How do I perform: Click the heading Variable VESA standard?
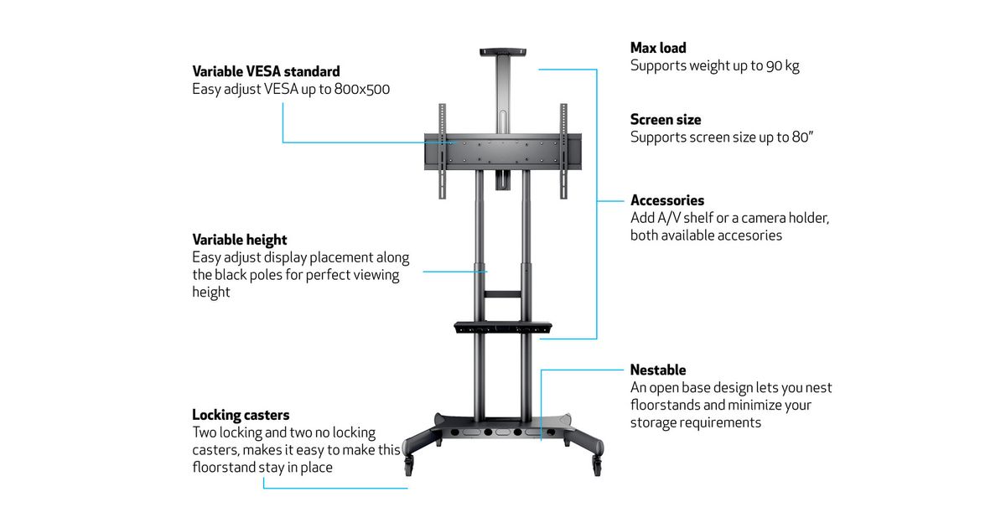click(x=266, y=71)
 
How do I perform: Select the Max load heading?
click(x=658, y=48)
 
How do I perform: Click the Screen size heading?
click(x=666, y=119)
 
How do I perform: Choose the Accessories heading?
click(x=667, y=200)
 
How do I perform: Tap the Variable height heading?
click(x=240, y=240)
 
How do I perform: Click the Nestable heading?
click(x=658, y=370)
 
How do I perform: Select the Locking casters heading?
click(x=241, y=415)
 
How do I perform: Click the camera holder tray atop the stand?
click(x=503, y=52)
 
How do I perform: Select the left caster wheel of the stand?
click(x=409, y=460)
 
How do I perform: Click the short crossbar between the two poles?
click(x=503, y=293)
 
